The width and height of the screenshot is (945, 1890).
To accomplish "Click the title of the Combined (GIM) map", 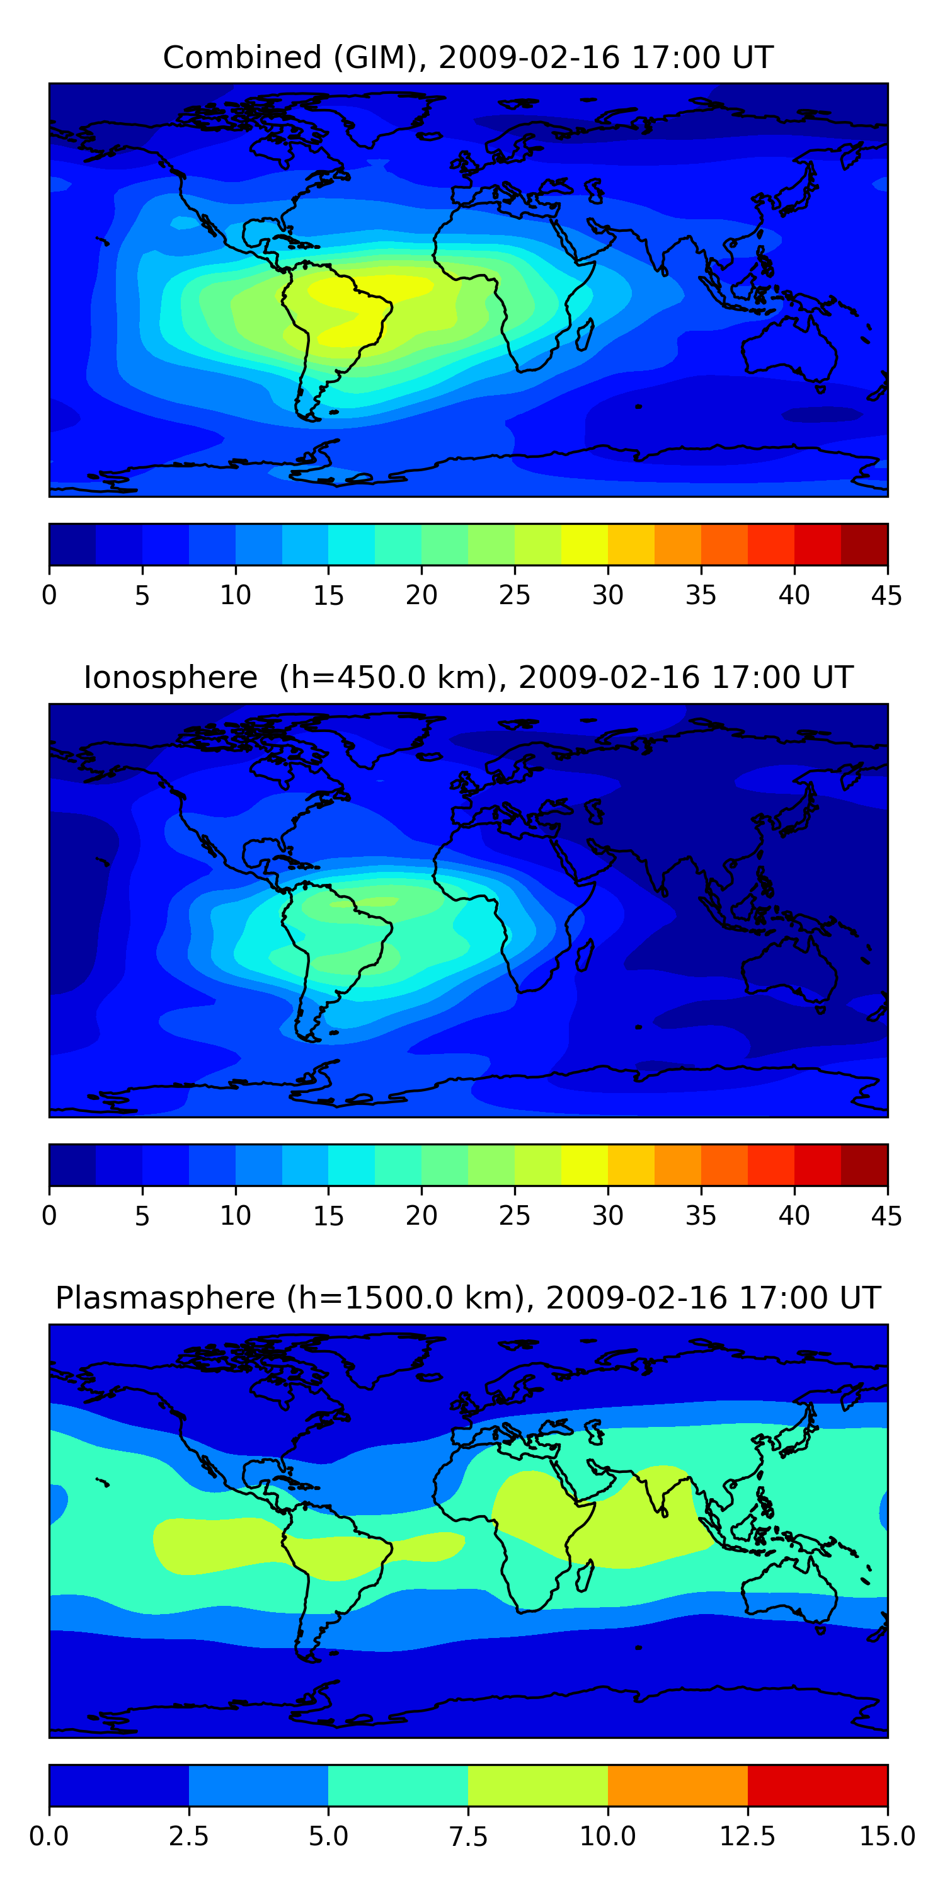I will click(468, 57).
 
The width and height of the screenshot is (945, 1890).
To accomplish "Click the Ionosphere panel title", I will click(468, 677).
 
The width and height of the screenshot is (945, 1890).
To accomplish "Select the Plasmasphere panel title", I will click(468, 1298).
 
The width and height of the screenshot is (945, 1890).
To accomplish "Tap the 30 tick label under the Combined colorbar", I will click(607, 595).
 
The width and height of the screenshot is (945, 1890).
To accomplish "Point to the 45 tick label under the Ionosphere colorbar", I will click(886, 1216).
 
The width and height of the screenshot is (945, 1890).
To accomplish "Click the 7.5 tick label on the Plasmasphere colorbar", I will click(468, 1836).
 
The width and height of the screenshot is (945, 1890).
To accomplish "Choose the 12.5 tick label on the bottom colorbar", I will click(747, 1836).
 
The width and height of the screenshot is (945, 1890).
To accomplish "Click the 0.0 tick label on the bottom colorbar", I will click(49, 1836).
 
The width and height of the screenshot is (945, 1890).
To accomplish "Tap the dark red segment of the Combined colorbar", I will click(864, 544).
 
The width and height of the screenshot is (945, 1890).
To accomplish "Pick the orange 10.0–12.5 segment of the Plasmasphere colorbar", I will click(677, 1785).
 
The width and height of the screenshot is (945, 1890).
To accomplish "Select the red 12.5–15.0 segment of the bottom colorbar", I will click(816, 1785).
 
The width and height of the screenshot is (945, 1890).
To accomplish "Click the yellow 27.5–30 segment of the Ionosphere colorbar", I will click(584, 1164).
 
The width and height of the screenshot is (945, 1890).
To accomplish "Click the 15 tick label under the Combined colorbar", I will click(328, 595).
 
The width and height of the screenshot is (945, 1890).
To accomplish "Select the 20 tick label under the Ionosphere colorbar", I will click(421, 1216).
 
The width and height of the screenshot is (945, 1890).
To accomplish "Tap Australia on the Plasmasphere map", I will click(789, 1587).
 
